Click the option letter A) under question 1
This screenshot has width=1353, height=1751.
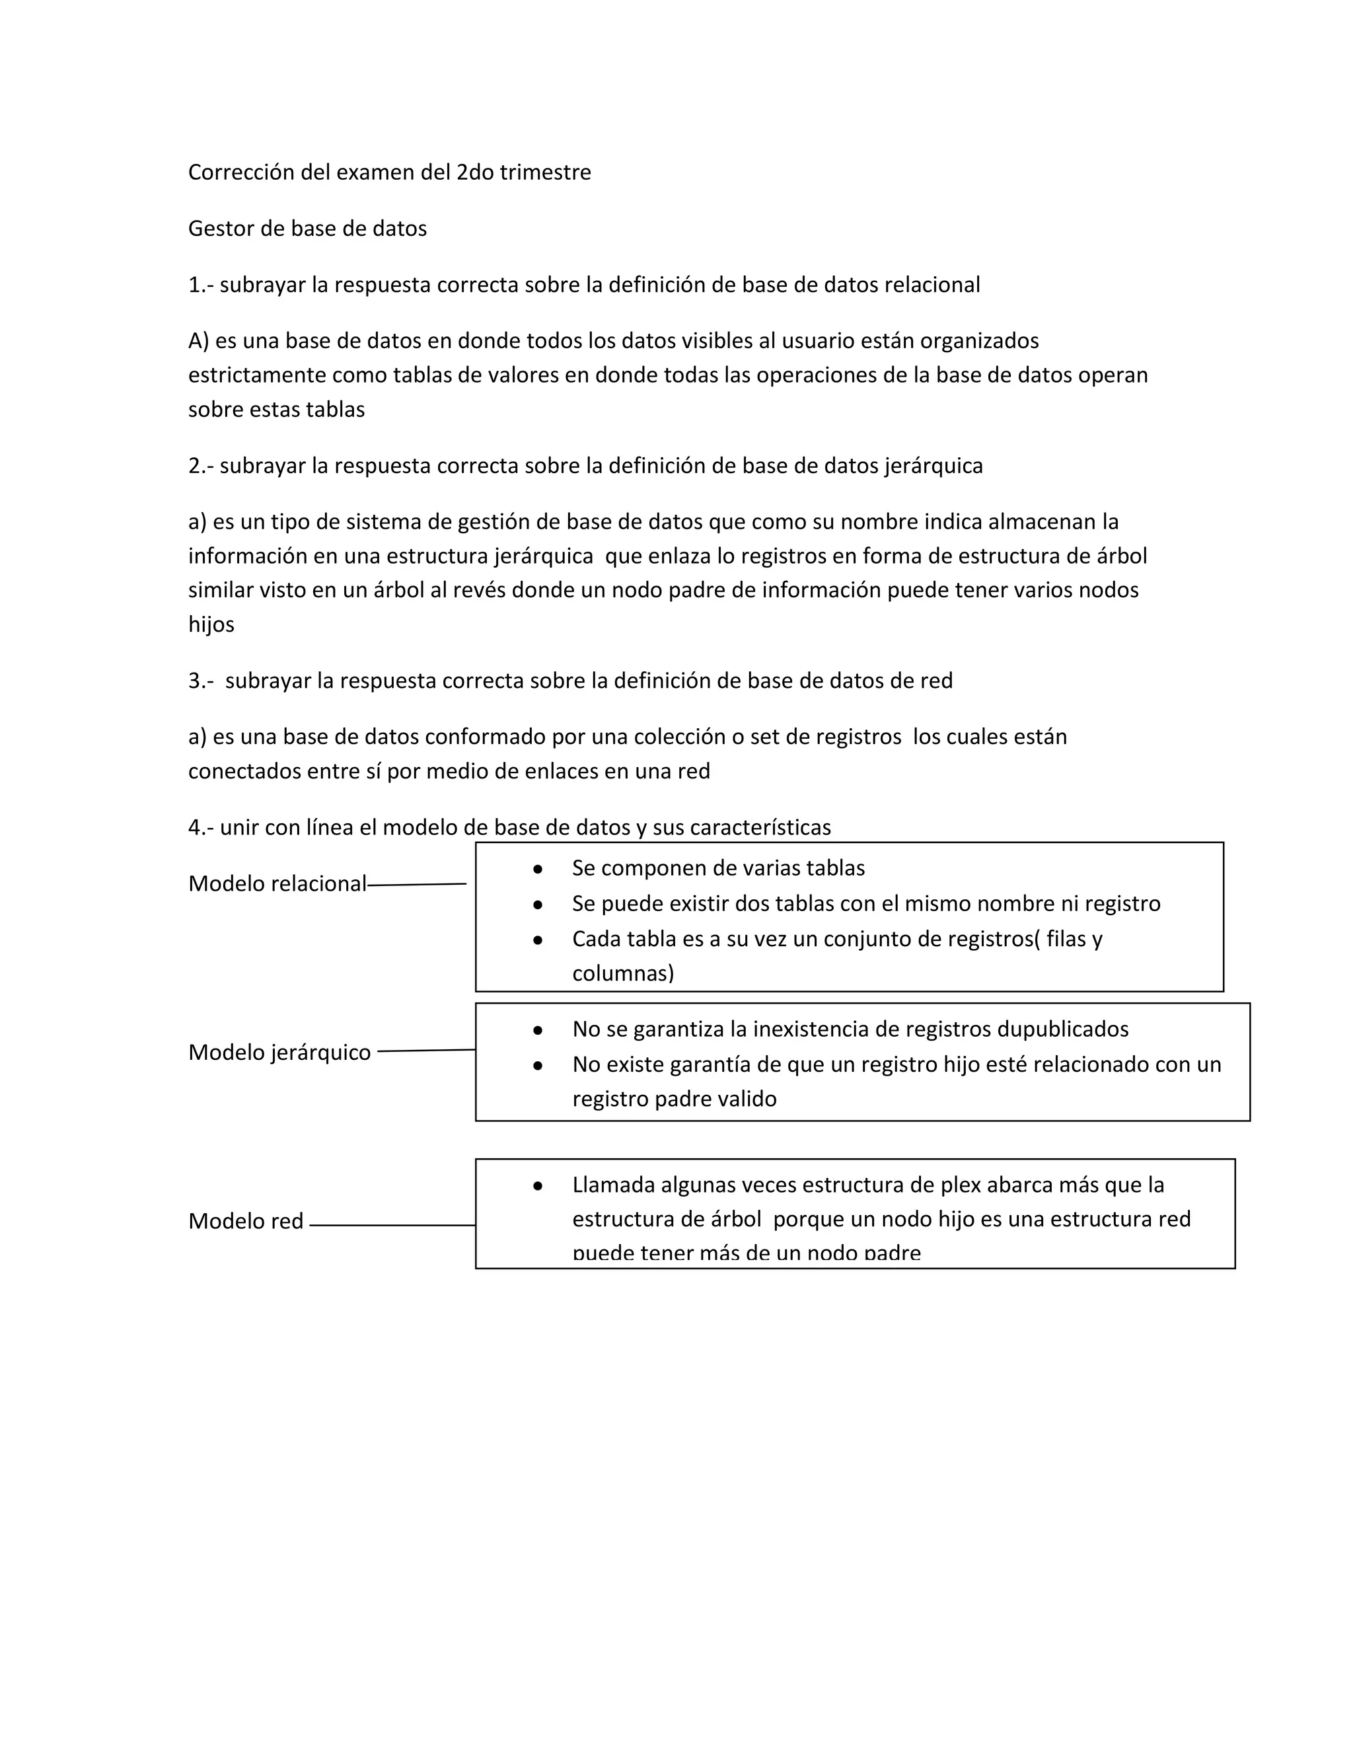pos(198,341)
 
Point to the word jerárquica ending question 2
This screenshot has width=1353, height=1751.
pos(933,466)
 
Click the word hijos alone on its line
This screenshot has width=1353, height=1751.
pos(211,624)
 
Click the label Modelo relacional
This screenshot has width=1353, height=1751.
pos(277,883)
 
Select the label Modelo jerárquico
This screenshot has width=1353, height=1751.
pos(279,1052)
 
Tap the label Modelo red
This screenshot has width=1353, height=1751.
pos(245,1221)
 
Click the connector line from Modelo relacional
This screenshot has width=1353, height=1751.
pos(417,884)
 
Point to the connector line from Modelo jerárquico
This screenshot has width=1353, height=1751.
pos(425,1051)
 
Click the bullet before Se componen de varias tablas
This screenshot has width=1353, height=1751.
pos(538,869)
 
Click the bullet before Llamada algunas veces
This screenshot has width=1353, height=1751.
pos(538,1186)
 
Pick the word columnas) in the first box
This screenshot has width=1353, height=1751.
pos(623,973)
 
